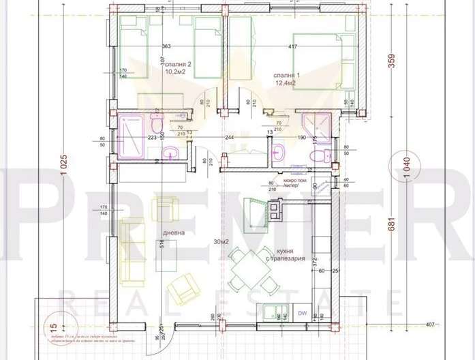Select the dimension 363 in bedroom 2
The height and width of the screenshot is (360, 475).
[166, 46]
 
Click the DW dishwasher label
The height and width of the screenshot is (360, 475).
[302, 313]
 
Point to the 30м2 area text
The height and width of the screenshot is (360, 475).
[220, 241]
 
